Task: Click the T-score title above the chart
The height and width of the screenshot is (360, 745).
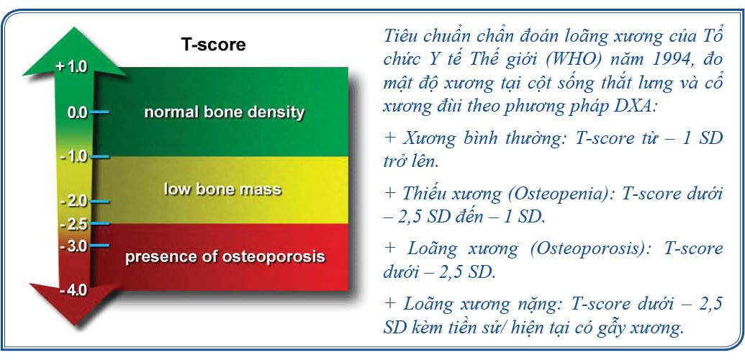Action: [213, 45]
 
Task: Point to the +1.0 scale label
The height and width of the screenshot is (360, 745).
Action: [72, 66]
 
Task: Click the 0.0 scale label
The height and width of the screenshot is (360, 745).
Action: [78, 113]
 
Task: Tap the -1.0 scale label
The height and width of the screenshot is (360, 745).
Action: [74, 156]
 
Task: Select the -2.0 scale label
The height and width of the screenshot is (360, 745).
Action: [74, 201]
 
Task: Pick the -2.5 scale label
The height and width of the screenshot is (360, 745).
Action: [74, 223]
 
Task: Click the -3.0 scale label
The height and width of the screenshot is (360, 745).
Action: [74, 246]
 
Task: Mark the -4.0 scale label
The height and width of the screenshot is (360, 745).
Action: [74, 289]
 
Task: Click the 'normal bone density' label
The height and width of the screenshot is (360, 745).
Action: [225, 113]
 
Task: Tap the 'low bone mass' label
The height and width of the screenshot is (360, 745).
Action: [222, 189]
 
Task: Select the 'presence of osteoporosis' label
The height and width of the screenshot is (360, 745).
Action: [225, 257]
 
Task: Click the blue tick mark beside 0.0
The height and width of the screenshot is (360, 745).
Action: [100, 112]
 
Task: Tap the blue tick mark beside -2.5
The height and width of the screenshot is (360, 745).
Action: [100, 223]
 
